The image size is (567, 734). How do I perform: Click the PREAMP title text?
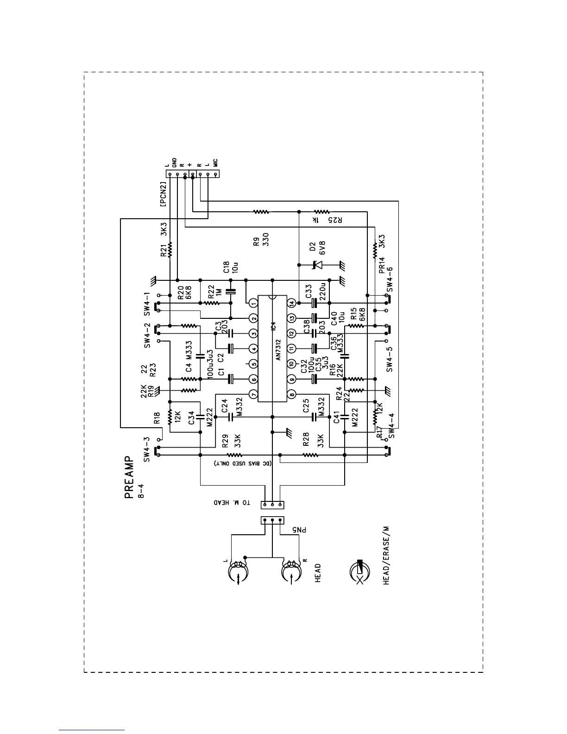(130, 478)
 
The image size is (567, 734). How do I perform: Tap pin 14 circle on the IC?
(292, 303)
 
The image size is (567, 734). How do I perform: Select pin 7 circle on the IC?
(253, 394)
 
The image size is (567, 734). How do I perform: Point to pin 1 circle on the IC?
(253, 303)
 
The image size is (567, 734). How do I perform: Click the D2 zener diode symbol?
(315, 265)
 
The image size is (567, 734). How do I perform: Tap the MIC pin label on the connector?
(216, 162)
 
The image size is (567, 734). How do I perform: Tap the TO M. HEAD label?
(233, 503)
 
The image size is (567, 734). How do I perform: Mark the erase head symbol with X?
(360, 574)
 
